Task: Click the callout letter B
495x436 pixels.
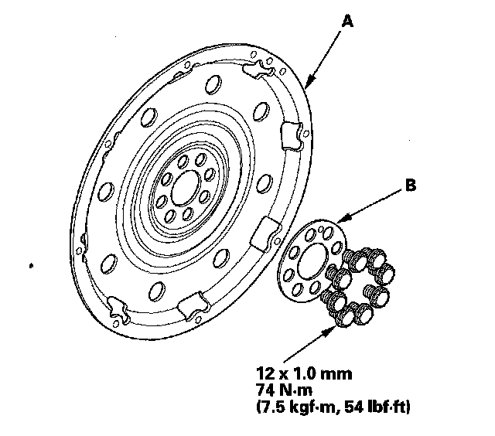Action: click(411, 186)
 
